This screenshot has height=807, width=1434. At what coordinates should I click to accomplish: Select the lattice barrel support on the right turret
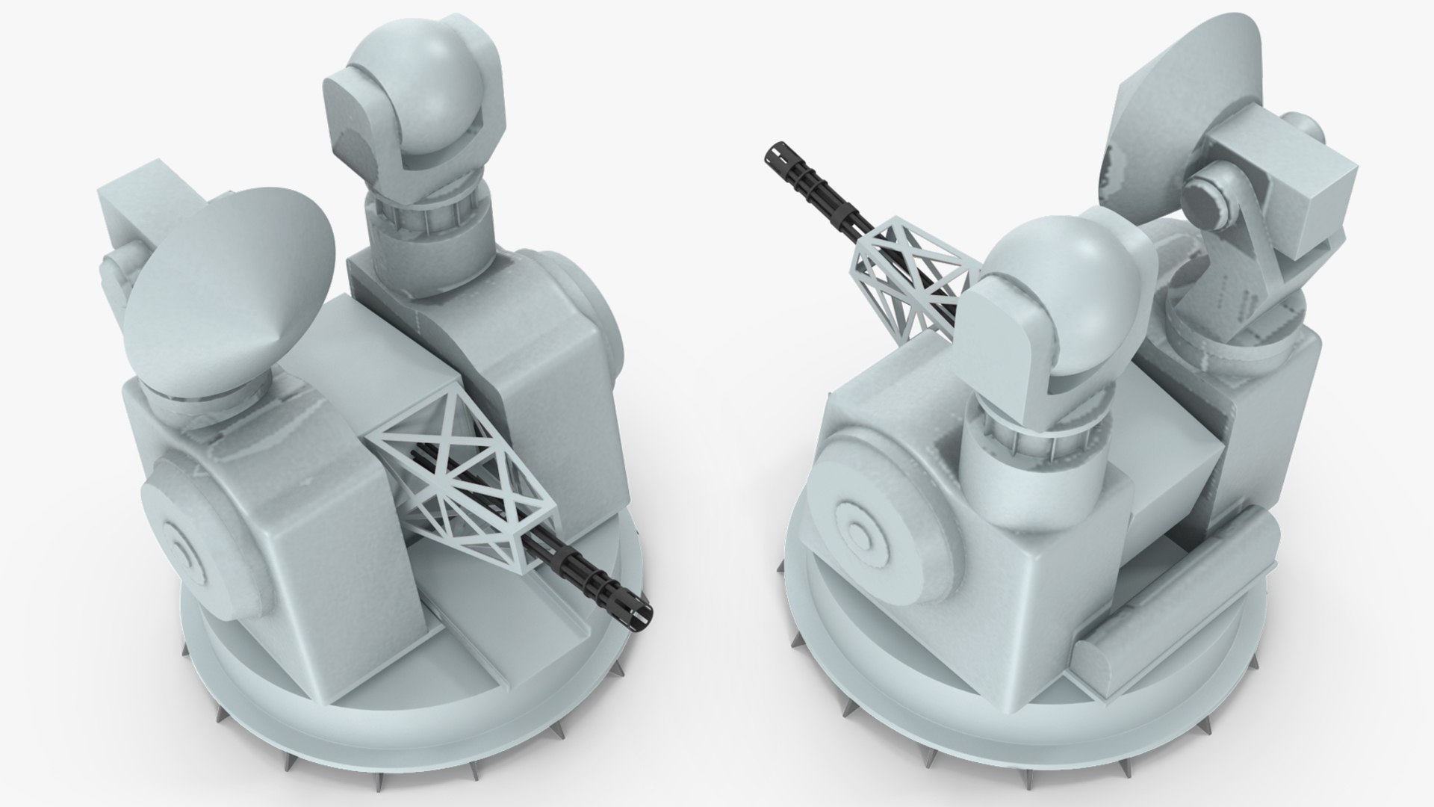(x=907, y=280)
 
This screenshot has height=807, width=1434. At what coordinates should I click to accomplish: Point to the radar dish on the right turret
(x=1173, y=112)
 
